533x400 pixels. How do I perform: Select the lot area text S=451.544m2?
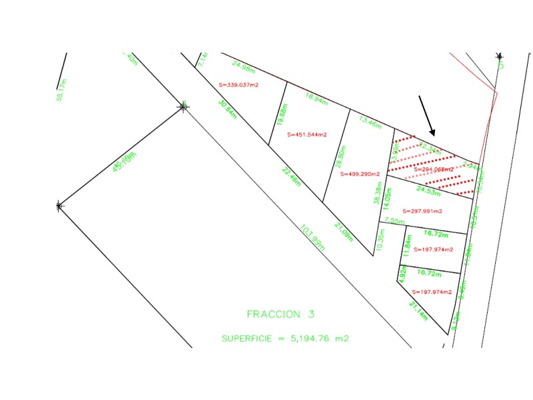coord(307,135)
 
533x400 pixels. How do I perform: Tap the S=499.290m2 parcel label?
coord(360,174)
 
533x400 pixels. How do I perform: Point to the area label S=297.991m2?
coord(418,211)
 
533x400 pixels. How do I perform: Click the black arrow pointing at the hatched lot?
coord(427,115)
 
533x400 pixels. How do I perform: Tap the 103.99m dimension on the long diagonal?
coord(312,237)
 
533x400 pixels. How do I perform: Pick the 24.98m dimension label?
coord(245,67)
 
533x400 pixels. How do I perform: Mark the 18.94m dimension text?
coord(316,99)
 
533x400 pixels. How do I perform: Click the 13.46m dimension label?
coord(370,123)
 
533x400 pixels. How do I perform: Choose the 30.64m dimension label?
coord(227,109)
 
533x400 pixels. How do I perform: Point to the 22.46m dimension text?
coord(291,177)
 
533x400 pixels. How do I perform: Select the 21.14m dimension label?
coord(418,311)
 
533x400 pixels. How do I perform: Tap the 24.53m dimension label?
coord(429,191)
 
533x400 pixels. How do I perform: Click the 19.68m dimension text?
coord(282,115)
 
